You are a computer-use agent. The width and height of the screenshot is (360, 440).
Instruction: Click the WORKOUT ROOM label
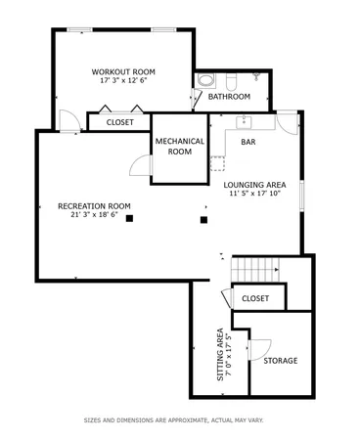pos(123,71)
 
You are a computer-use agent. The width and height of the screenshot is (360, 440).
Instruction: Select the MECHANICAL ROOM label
pos(179,147)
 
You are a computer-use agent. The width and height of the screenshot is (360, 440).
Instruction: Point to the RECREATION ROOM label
pos(94,205)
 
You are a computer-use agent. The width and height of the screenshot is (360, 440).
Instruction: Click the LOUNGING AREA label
pos(253,184)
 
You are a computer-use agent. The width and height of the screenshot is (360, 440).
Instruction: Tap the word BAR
pos(248,142)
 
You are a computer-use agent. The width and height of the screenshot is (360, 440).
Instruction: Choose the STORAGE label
pos(280,360)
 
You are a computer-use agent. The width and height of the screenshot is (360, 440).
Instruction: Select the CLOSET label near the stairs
pos(255,297)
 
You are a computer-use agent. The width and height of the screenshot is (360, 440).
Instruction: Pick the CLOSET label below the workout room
pos(119,122)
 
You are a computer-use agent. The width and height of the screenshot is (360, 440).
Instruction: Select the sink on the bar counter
pos(245,122)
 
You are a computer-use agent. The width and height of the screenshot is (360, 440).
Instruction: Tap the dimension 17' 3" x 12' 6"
pos(123,80)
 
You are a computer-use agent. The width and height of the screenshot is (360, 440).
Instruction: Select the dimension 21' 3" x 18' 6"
pos(94,214)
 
